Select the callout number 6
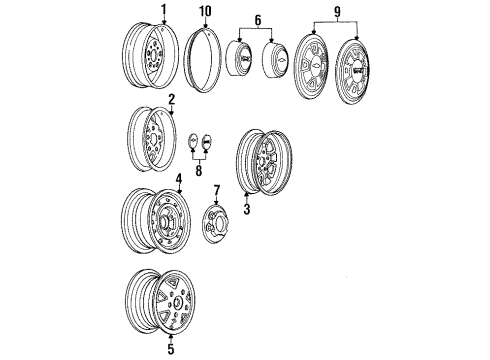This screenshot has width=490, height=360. point(260,20)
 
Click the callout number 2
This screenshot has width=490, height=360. point(171,99)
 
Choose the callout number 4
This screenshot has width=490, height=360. point(179,181)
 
